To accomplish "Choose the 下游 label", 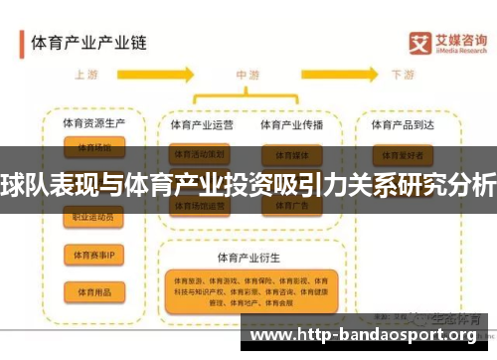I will pos(403,75).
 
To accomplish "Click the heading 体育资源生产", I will pos(93,124).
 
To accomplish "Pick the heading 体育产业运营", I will pos(202,125).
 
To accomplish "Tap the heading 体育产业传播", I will pos(291,125).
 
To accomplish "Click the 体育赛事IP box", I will pos(93,255).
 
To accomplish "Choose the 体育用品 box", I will pos(93,291).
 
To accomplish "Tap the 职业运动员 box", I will pos(93,217).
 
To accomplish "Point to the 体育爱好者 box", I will pos(403,156).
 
